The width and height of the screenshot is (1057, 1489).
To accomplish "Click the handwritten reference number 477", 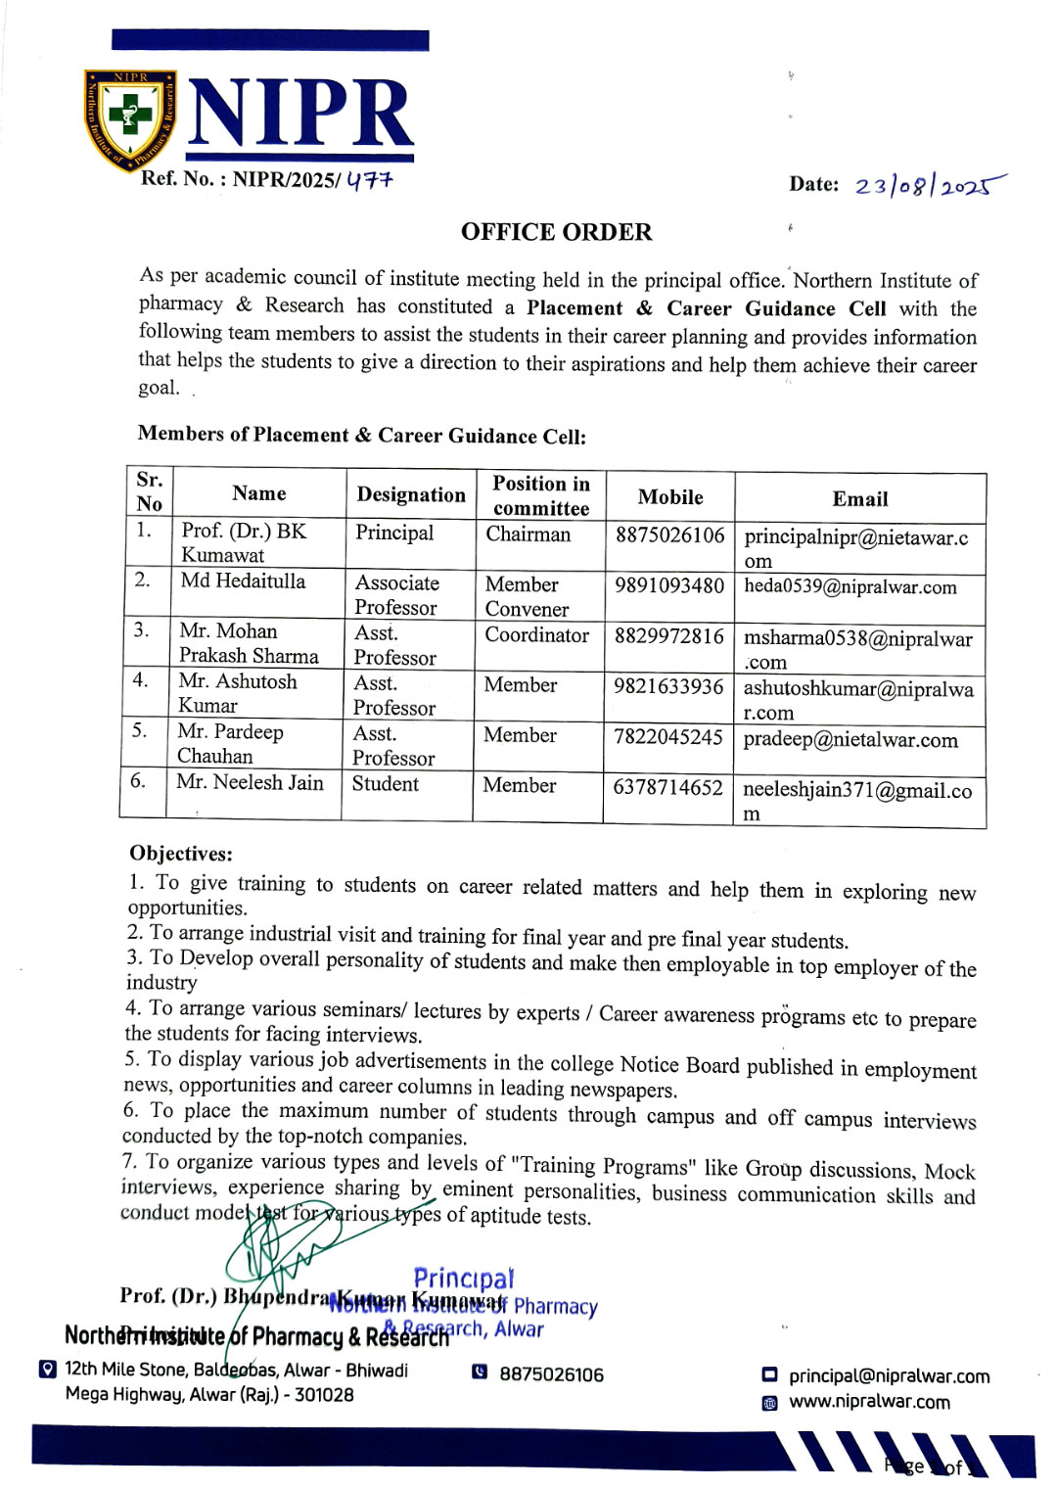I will (x=369, y=180).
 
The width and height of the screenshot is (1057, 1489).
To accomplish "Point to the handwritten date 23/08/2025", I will (x=928, y=185).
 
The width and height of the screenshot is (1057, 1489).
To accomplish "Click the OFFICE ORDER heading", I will (x=556, y=232).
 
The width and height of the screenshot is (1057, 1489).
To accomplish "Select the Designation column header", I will (x=411, y=494).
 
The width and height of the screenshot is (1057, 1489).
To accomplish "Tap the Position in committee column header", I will (x=541, y=495).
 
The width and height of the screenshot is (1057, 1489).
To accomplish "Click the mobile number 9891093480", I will (x=669, y=585).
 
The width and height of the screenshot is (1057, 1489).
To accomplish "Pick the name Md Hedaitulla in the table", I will (x=243, y=581).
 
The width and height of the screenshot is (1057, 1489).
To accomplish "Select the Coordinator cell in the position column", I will (x=537, y=634).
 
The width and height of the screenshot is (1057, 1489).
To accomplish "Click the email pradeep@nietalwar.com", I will (x=850, y=739).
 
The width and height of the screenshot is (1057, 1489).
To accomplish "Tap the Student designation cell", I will (x=386, y=783).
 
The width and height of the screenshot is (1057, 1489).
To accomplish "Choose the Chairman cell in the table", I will (x=528, y=534).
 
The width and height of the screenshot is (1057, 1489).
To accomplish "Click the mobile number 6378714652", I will (x=667, y=787).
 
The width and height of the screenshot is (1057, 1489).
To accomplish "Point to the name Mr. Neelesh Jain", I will (x=250, y=781).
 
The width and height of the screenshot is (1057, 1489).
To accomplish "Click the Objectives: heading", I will (x=181, y=853).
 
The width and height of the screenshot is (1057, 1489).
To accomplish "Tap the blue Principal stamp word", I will (x=463, y=1279).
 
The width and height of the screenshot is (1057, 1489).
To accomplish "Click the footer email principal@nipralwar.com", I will (x=889, y=1375).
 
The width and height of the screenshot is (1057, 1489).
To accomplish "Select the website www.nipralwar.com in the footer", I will (x=869, y=1402).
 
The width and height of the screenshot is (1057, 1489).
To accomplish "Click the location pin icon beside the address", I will (x=47, y=1369).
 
